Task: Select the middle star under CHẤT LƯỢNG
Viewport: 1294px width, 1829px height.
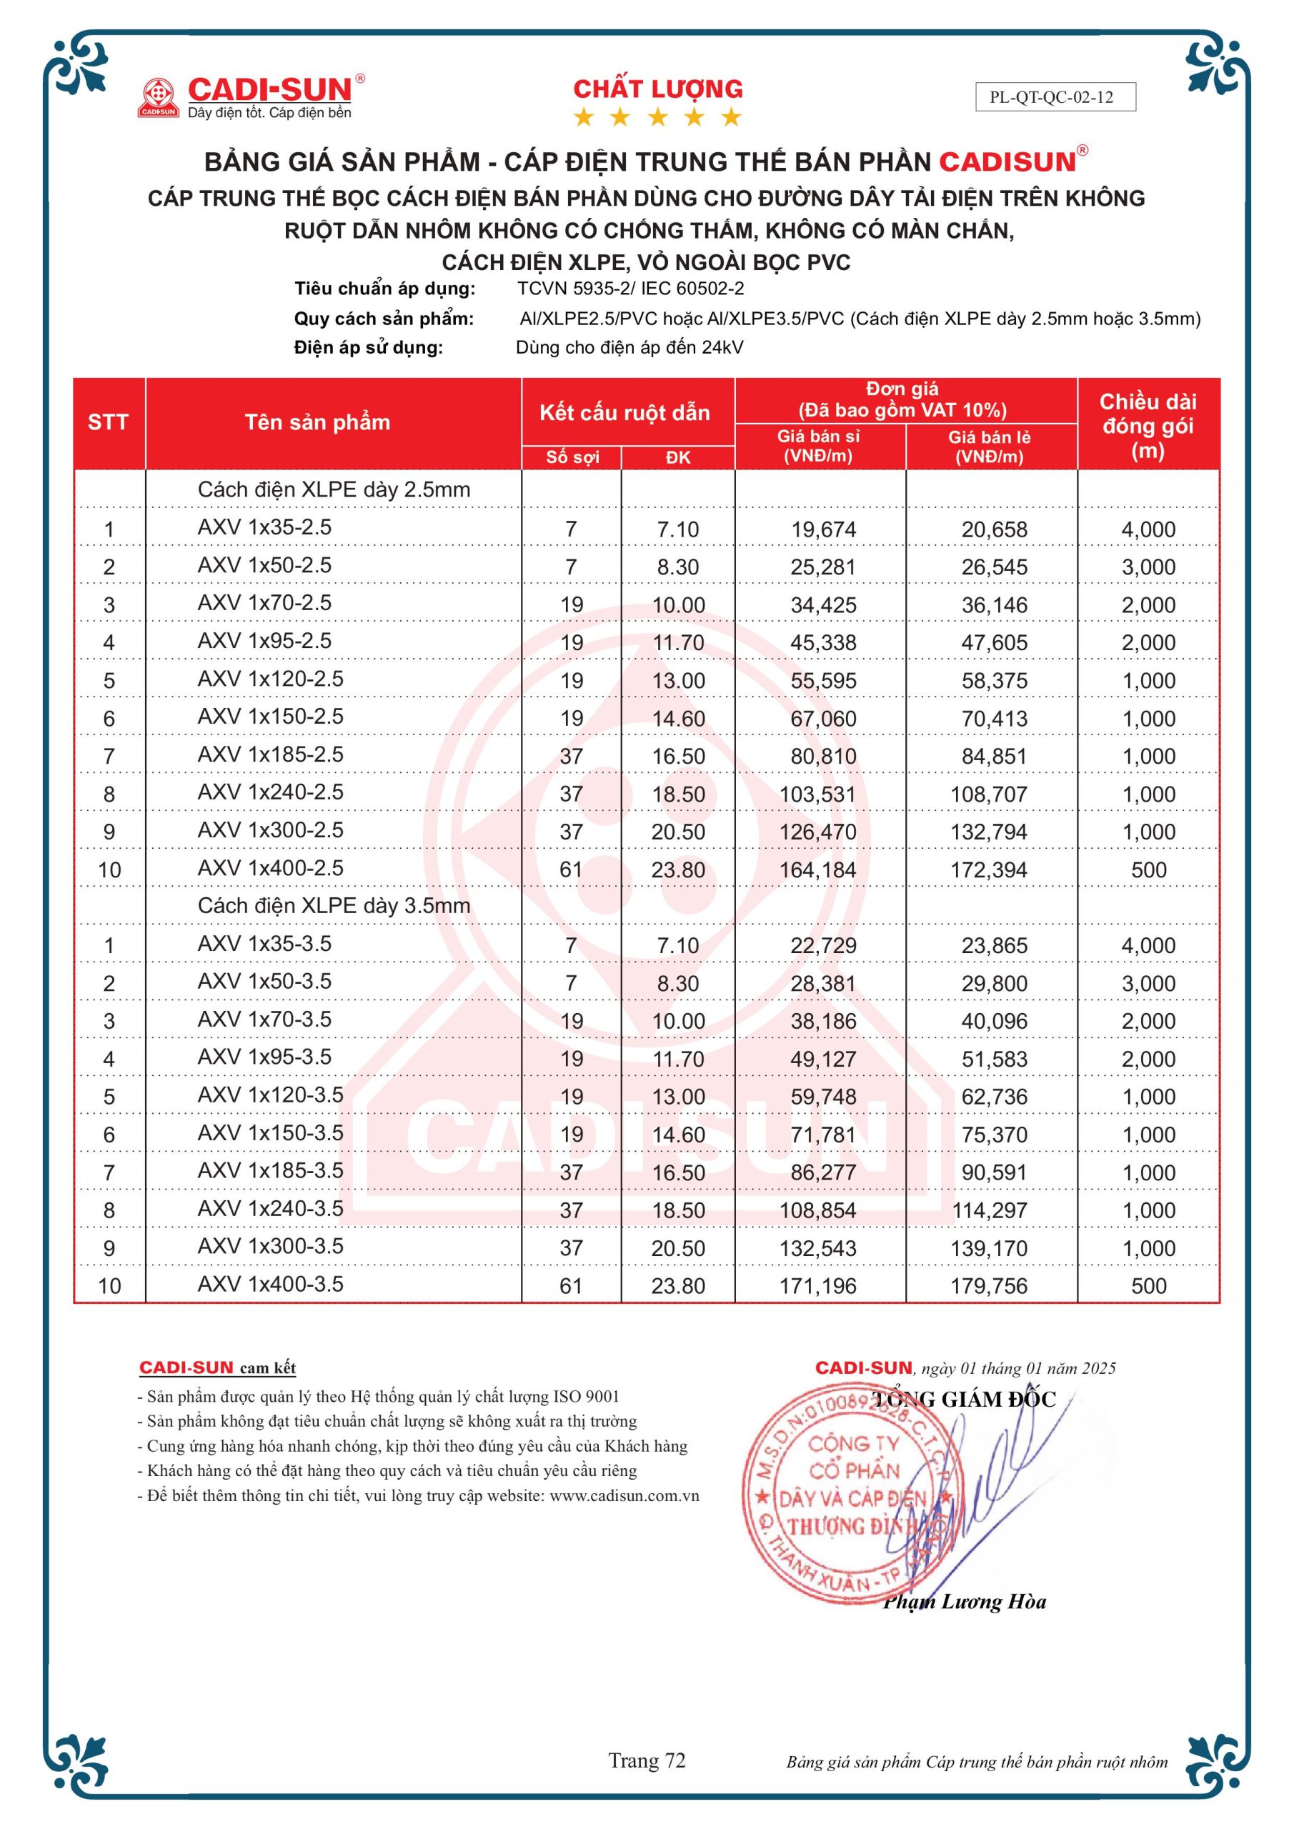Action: pos(657,118)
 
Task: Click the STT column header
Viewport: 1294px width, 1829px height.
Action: pos(109,422)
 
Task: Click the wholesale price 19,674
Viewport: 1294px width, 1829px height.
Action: pos(823,529)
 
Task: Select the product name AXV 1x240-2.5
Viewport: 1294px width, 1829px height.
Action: pos(270,792)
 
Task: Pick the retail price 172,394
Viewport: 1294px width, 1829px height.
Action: pos(988,870)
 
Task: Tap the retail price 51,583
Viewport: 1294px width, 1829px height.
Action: pos(994,1060)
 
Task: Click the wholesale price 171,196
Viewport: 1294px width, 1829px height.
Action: pos(817,1286)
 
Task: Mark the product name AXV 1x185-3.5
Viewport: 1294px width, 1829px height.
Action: pos(270,1170)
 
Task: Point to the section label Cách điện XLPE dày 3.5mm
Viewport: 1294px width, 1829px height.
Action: pos(334,906)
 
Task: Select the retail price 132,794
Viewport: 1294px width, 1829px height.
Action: pos(988,832)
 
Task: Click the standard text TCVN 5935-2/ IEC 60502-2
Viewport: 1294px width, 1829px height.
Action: pos(630,289)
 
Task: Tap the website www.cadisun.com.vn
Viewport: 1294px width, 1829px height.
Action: pos(624,1496)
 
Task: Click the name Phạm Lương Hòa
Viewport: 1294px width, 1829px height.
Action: pos(964,1602)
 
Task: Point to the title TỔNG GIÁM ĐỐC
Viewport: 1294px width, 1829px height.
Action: pos(964,1400)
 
